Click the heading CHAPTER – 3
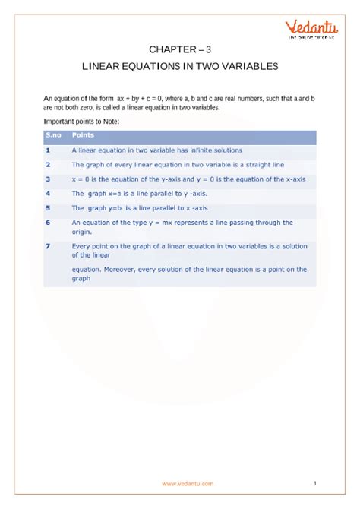(x=180, y=47)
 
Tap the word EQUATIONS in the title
(x=150, y=66)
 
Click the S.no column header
(x=53, y=134)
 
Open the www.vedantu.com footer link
(x=187, y=483)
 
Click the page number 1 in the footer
(x=314, y=482)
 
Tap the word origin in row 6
(x=82, y=232)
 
